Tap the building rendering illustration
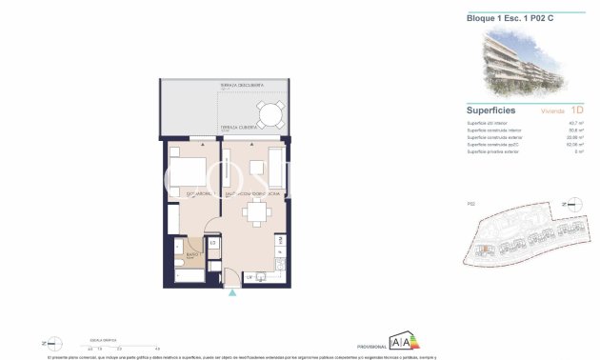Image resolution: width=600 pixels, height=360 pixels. pyautogui.click(x=523, y=63)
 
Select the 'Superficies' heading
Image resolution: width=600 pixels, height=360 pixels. pyautogui.click(x=491, y=110)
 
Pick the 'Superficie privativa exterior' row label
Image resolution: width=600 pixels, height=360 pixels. pyautogui.click(x=492, y=151)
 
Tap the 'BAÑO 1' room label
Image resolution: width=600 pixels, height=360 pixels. pyautogui.click(x=190, y=255)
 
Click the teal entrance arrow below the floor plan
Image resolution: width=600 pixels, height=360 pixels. pyautogui.click(x=231, y=293)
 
